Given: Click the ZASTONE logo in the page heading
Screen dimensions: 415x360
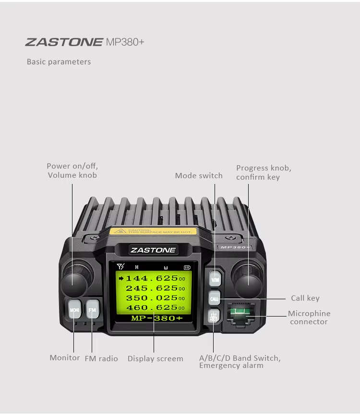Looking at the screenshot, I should pos(64,42).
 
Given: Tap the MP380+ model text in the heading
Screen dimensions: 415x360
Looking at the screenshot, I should pos(125,42).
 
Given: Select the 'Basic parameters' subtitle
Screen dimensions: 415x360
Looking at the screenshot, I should pos(59,62).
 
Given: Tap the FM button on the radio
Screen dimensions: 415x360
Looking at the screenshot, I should pos(92,310).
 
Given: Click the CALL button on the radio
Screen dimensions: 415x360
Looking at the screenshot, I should pos(214,299).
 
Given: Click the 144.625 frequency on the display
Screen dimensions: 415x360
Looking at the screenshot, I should pos(152,278).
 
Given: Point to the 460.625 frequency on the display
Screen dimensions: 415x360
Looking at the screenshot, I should pos(152,307).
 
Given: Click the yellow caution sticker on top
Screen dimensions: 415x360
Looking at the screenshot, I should pos(151,232).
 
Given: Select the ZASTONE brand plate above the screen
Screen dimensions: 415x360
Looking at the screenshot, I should pos(146,250).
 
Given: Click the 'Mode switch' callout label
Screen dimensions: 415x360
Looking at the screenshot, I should pos(199,176).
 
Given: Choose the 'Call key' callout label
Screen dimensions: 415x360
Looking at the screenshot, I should pos(305,298).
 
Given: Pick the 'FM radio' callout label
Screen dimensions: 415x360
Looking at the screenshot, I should pos(101,359).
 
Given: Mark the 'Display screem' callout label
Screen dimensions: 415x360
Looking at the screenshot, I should pos(155,359).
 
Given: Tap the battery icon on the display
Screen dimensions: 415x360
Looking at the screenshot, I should pos(187,267).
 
